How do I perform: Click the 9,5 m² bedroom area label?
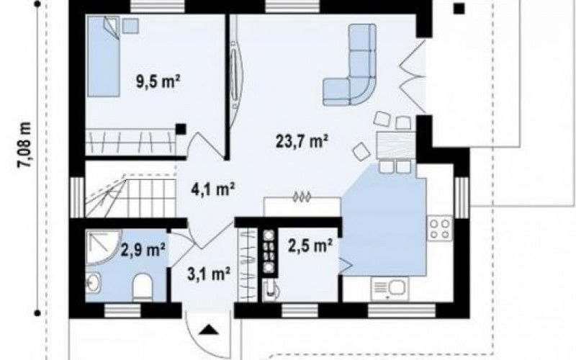(x=158, y=81)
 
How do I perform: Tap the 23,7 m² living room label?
(x=302, y=140)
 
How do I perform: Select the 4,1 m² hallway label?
(x=213, y=189)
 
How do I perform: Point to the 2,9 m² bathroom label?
(x=143, y=250)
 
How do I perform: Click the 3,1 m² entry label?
(x=209, y=274)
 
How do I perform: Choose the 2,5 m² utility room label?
(x=310, y=246)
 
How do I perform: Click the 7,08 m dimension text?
(x=25, y=145)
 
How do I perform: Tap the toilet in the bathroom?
(x=143, y=287)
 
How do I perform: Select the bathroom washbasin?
(x=94, y=283)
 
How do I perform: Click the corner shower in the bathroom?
(x=103, y=247)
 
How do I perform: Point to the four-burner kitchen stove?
(x=440, y=228)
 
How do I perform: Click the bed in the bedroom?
(x=103, y=56)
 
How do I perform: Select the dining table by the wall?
(x=397, y=145)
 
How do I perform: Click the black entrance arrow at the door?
(x=209, y=330)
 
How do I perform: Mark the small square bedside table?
(x=130, y=26)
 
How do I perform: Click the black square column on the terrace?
(x=459, y=9)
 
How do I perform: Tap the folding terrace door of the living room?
(x=412, y=76)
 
